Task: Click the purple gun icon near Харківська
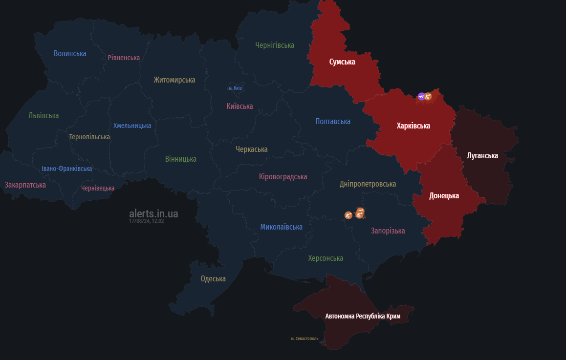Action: coord(421,96)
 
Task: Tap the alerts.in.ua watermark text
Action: coord(153,213)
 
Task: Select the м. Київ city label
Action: coord(235,88)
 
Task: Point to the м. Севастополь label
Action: coord(305,338)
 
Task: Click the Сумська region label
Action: coord(342,62)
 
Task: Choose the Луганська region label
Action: coord(482,156)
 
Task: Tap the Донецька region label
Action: coord(444,196)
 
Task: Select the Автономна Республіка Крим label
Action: coord(363,316)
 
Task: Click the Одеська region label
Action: coord(213,279)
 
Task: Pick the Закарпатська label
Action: coord(25,185)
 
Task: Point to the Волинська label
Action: coord(70,54)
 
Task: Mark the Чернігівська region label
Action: coord(275,45)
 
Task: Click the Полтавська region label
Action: coord(333,122)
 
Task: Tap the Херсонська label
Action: coord(326,258)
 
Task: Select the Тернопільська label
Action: coord(89,137)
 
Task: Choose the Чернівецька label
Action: coord(98,188)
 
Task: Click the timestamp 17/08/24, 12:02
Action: coord(146,221)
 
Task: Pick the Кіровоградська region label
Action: coord(283,177)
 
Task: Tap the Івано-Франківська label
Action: coord(66,169)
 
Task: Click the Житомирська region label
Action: coord(174,80)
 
